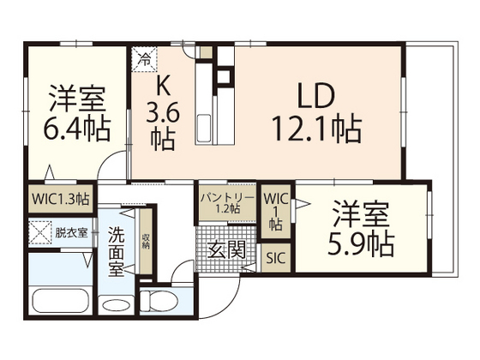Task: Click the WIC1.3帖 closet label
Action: pos(60,199)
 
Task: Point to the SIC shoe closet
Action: pos(274,256)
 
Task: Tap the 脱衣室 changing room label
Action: pos(71,231)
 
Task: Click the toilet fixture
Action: pos(158,301)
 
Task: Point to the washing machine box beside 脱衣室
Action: pos(39,231)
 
